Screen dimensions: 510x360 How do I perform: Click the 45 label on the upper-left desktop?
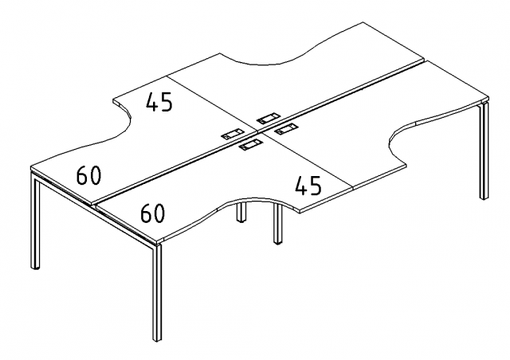[x=159, y=102]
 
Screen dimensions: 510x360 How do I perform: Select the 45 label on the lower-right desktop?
[x=308, y=186]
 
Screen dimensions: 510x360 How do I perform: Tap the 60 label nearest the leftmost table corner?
[x=88, y=175]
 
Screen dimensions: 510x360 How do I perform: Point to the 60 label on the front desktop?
[x=152, y=213]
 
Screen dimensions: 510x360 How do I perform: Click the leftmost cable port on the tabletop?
[x=233, y=134]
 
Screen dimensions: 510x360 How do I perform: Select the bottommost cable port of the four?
[x=250, y=144]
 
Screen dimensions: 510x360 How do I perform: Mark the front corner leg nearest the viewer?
[x=157, y=292]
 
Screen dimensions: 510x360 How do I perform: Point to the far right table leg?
[x=484, y=151]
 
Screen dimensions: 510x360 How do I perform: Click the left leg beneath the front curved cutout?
[x=241, y=212]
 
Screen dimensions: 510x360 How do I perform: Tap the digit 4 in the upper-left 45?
[x=152, y=102]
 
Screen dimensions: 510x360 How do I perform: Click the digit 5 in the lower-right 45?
[x=316, y=186]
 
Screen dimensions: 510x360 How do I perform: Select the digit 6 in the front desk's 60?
[x=147, y=213]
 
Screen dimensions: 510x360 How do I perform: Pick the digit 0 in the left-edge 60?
[x=96, y=175]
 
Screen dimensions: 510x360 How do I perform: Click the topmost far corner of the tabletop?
[x=363, y=22]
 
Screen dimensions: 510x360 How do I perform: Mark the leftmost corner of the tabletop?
[x=31, y=166]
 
